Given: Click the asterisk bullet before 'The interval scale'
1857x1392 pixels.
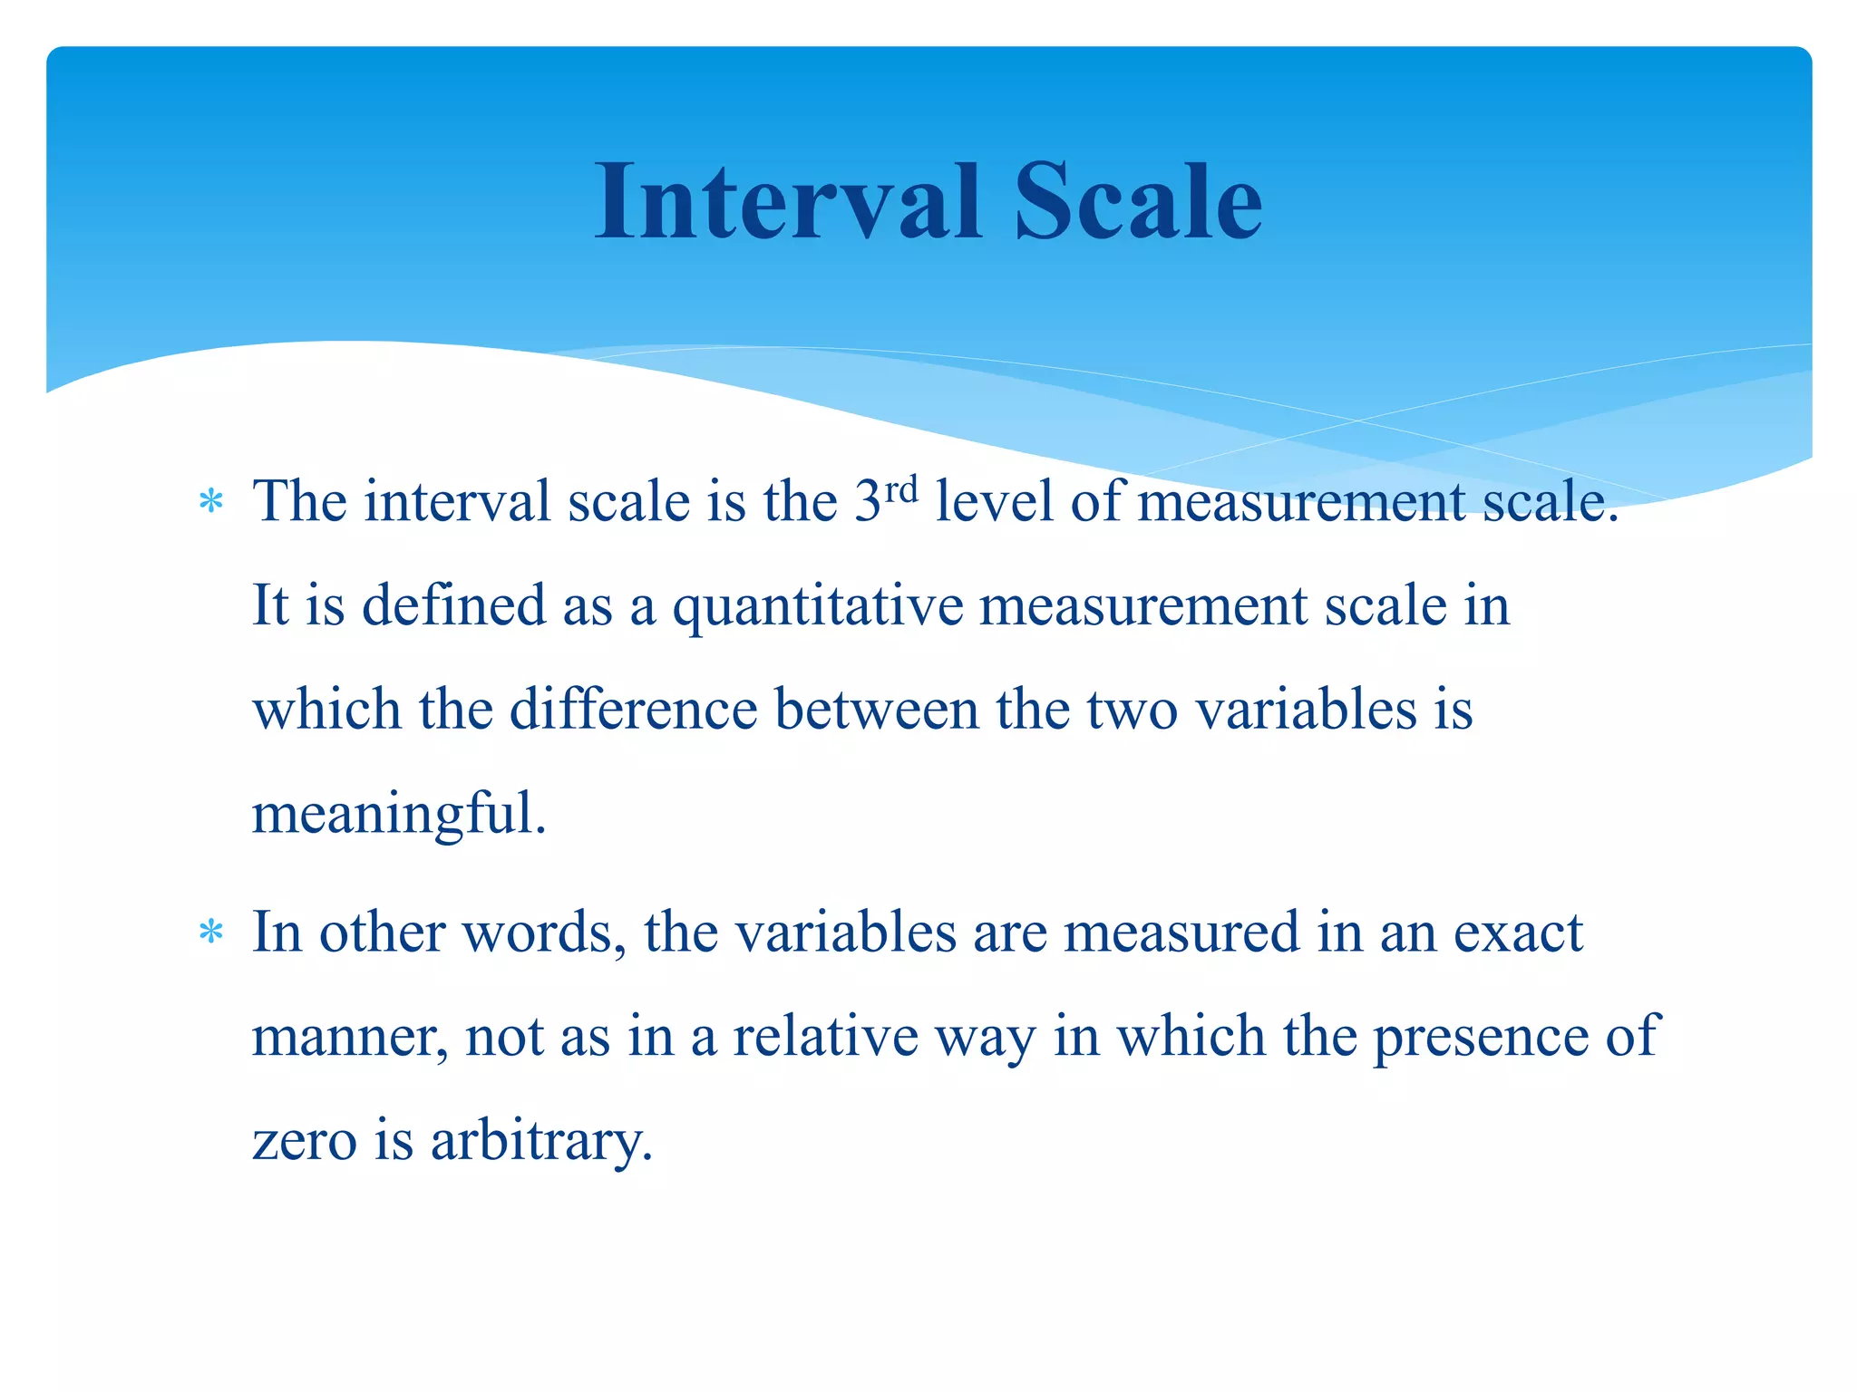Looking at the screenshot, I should [211, 501].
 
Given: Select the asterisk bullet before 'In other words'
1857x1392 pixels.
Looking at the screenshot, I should [211, 932].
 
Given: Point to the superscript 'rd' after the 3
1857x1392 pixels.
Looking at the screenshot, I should [900, 489].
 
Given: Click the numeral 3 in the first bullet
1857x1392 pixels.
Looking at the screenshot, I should [868, 501].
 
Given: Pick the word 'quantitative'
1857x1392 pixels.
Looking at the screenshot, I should [817, 606].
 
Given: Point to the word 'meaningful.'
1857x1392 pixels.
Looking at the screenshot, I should [399, 814].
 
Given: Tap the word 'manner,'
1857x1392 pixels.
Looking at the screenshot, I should [349, 1037].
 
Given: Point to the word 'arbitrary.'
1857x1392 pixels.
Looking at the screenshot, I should [541, 1140].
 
